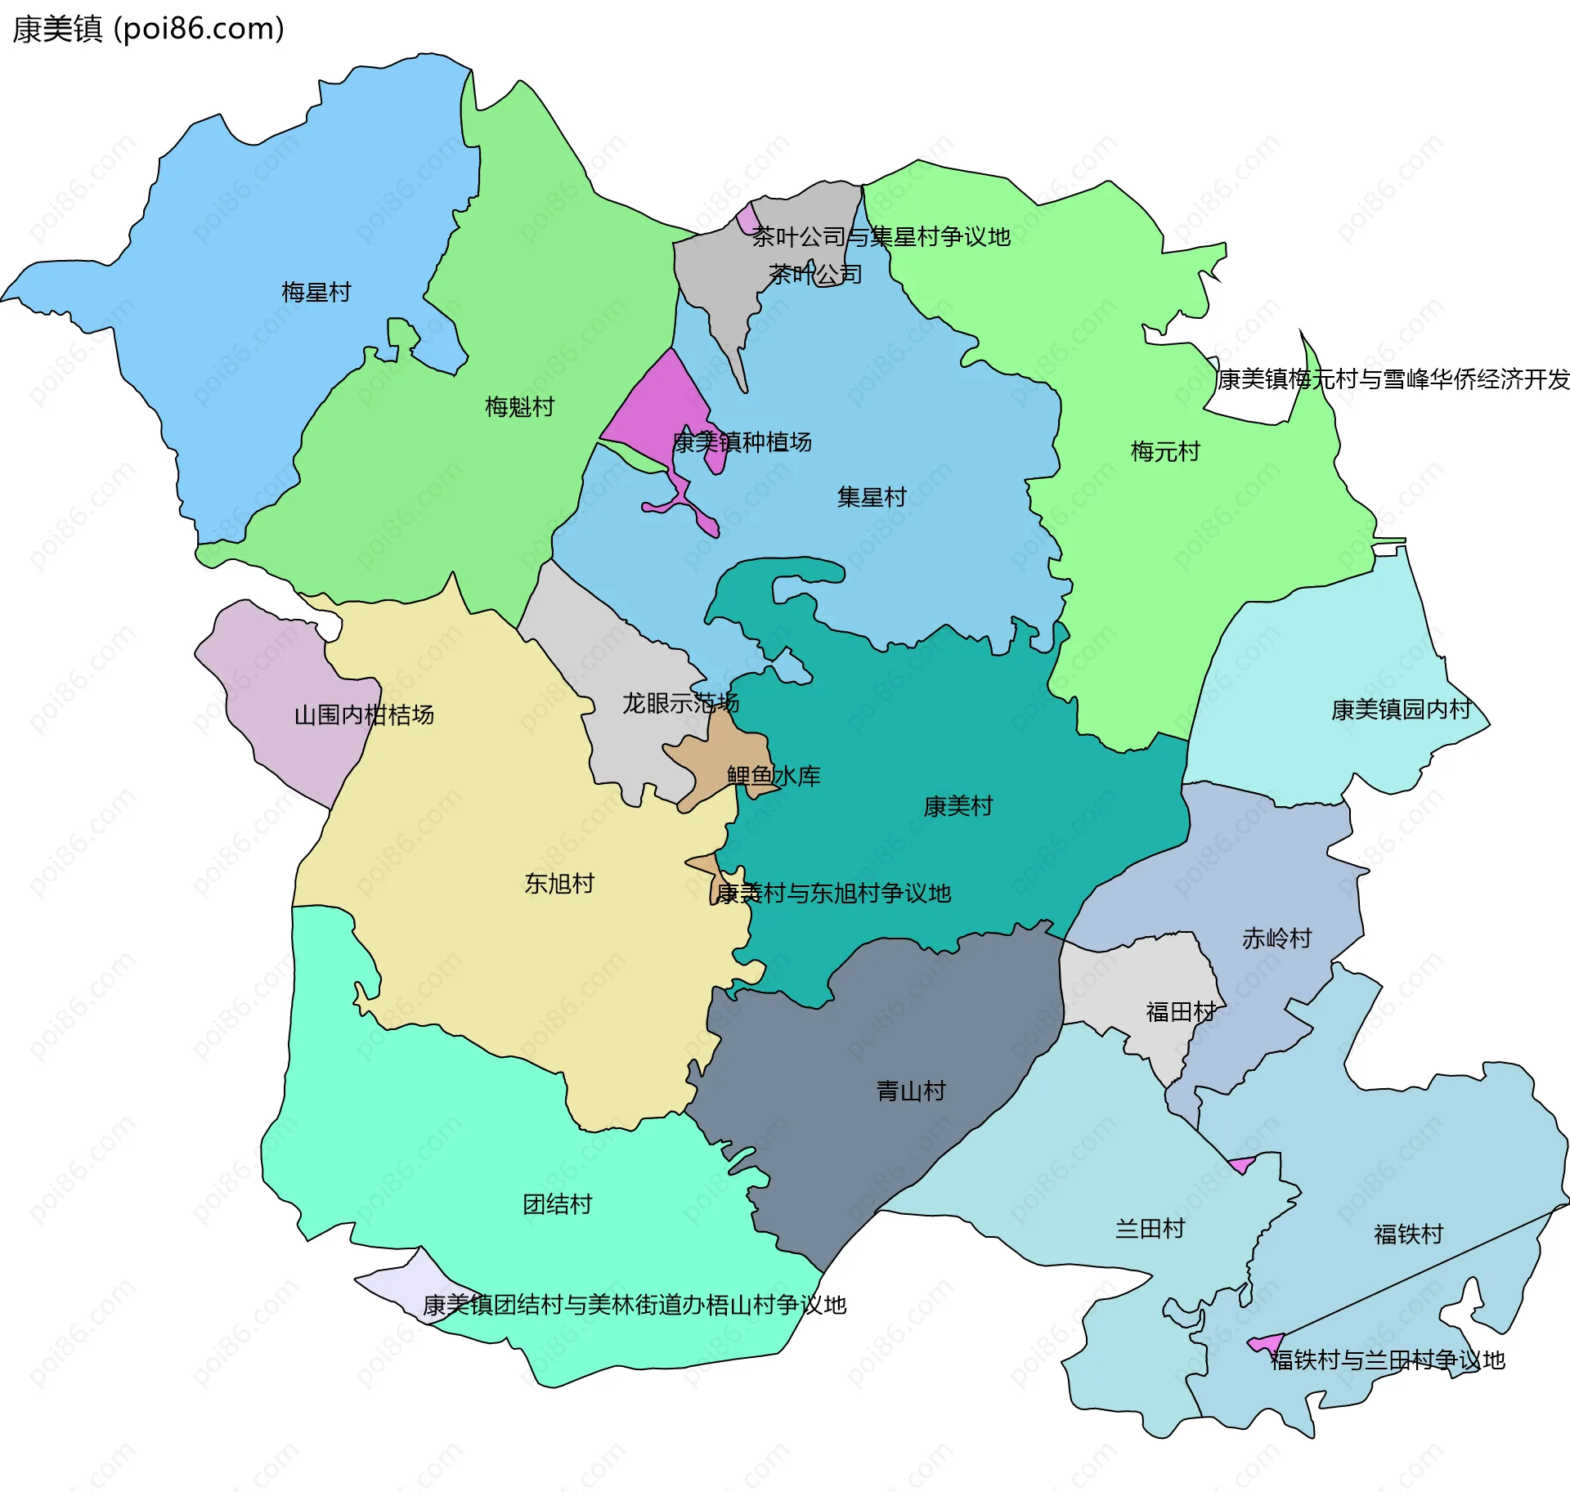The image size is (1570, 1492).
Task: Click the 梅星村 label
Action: pyautogui.click(x=316, y=292)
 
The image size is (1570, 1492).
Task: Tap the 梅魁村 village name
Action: pyautogui.click(x=519, y=406)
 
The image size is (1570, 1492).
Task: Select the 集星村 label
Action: pyautogui.click(x=871, y=496)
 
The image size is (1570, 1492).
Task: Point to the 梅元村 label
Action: pyautogui.click(x=1164, y=451)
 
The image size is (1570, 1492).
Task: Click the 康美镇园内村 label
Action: pyautogui.click(x=1401, y=709)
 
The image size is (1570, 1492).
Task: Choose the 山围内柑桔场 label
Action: pyautogui.click(x=364, y=715)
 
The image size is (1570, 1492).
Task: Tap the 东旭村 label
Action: pyautogui.click(x=559, y=883)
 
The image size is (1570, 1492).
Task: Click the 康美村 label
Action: pyautogui.click(x=958, y=806)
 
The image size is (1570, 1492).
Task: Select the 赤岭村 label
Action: pyautogui.click(x=1276, y=938)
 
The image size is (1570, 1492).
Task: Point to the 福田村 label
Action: pyautogui.click(x=1181, y=1012)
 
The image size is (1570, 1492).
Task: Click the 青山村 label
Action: pyautogui.click(x=911, y=1091)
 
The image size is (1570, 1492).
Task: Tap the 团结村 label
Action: pyautogui.click(x=557, y=1204)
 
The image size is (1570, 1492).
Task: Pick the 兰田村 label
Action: pyautogui.click(x=1150, y=1228)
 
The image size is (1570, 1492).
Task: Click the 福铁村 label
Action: pyautogui.click(x=1408, y=1234)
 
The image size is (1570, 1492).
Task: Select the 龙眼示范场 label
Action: pyautogui.click(x=680, y=703)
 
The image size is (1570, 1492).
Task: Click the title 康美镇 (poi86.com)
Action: pyautogui.click(x=148, y=29)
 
